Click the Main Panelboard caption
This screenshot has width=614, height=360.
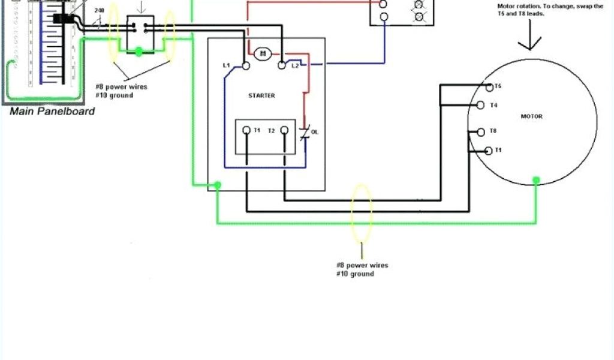(x=52, y=111)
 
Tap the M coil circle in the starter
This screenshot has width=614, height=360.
(x=262, y=54)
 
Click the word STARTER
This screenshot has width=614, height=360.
(x=261, y=96)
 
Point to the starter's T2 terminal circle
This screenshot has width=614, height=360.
(x=285, y=130)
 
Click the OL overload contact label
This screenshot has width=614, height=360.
(x=314, y=132)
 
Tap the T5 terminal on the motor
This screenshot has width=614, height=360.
(x=489, y=88)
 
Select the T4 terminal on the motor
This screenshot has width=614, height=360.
(x=480, y=106)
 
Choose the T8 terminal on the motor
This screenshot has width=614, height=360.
(x=480, y=131)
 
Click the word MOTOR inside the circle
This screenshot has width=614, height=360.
(x=531, y=116)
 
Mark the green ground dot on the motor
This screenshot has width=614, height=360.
(x=536, y=180)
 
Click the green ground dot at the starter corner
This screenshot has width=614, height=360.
(x=218, y=185)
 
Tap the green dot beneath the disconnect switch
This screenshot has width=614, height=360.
(x=139, y=53)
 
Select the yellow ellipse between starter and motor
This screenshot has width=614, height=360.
(x=362, y=212)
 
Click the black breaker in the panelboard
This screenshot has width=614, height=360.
(x=60, y=19)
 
